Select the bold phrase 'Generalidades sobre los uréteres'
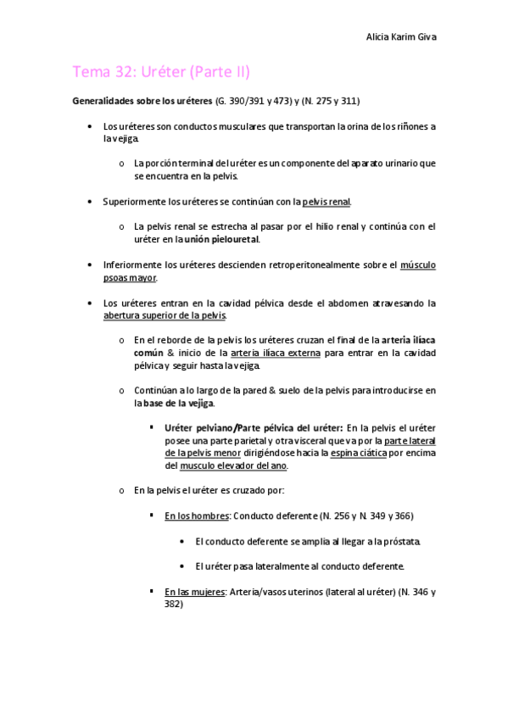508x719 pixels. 142,102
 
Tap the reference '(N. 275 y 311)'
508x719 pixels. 327,102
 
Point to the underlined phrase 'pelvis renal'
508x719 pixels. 327,202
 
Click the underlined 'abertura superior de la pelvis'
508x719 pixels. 165,315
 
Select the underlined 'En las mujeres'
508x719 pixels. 195,592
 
